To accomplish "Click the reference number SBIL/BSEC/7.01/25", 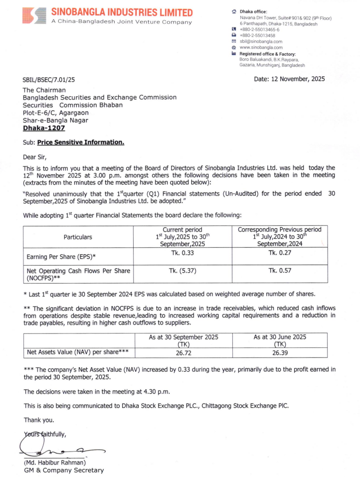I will point(49,80).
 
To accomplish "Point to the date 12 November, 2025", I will point(289,79).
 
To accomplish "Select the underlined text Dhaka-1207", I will point(44,128).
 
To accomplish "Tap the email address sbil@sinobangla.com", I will point(261,41).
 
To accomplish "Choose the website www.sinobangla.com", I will point(261,47).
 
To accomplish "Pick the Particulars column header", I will point(78,237).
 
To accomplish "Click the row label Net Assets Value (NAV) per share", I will point(78,352).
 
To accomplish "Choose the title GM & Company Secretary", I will point(64,470).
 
